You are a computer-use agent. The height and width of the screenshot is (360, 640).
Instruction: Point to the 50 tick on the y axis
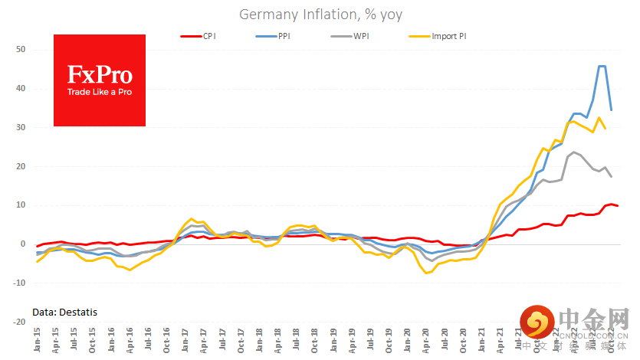click(x=21, y=50)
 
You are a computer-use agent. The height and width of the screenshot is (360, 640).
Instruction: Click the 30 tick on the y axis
click(x=21, y=127)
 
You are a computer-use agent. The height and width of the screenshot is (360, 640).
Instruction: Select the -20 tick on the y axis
click(x=19, y=322)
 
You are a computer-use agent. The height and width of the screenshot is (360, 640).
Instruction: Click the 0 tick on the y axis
click(x=23, y=244)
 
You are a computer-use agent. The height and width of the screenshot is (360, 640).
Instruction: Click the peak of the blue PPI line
click(x=602, y=67)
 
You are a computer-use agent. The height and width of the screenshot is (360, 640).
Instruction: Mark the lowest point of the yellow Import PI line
click(x=426, y=273)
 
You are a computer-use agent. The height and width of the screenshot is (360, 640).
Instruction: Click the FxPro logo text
click(x=100, y=75)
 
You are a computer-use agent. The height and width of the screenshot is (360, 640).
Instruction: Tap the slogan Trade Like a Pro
click(x=100, y=93)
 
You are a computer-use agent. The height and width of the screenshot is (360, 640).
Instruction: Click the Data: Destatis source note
click(x=65, y=312)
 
